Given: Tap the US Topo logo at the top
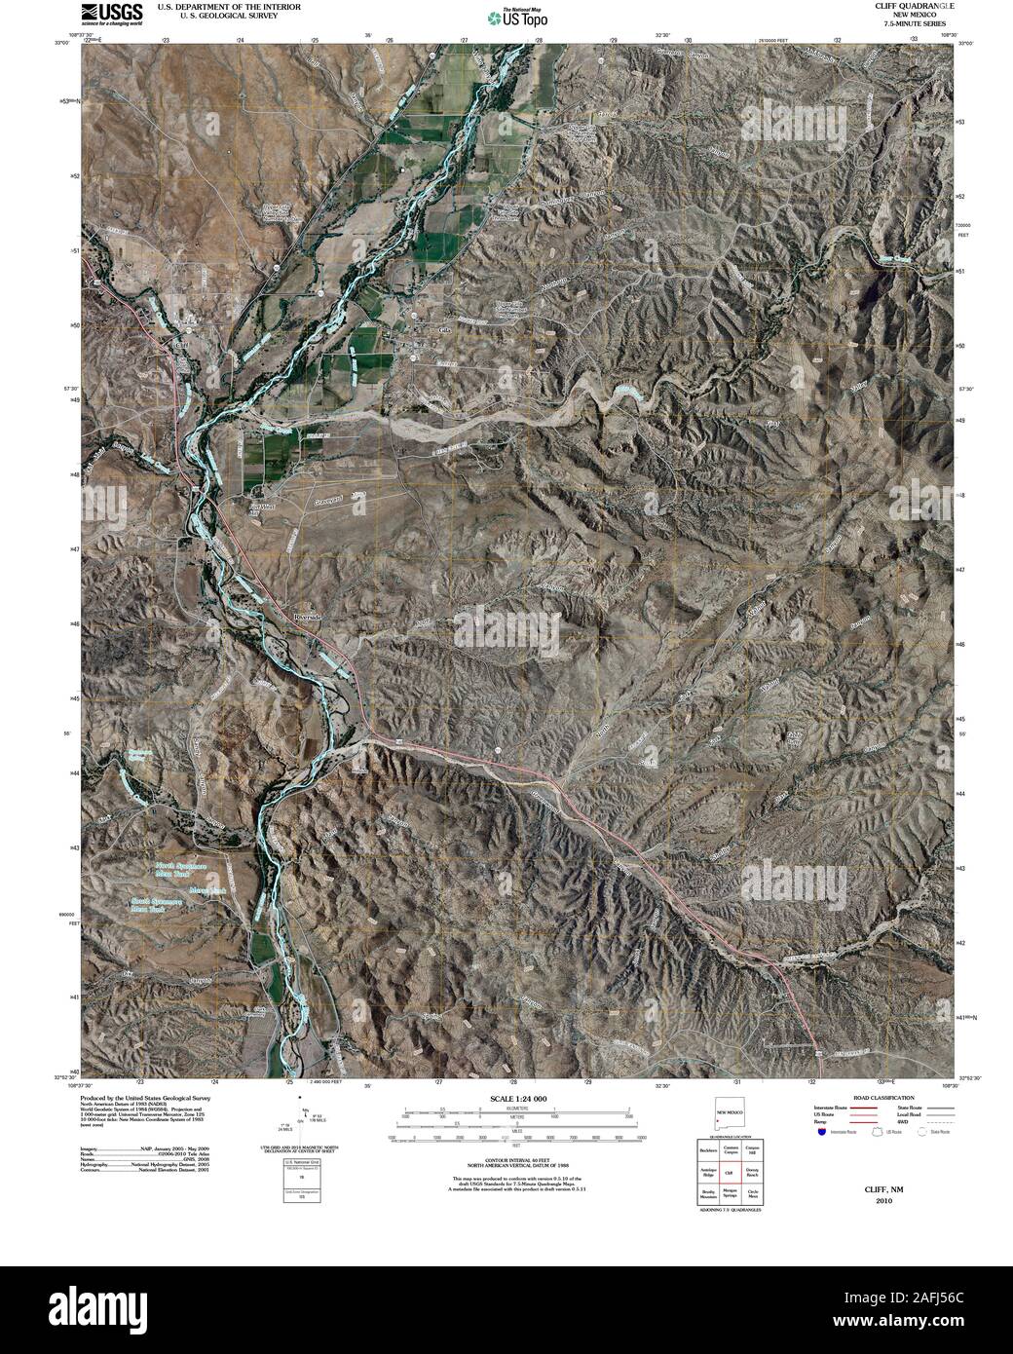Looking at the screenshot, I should point(517,16).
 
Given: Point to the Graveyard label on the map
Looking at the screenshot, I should point(325,505).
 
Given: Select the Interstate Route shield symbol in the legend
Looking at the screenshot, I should point(822,1133).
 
